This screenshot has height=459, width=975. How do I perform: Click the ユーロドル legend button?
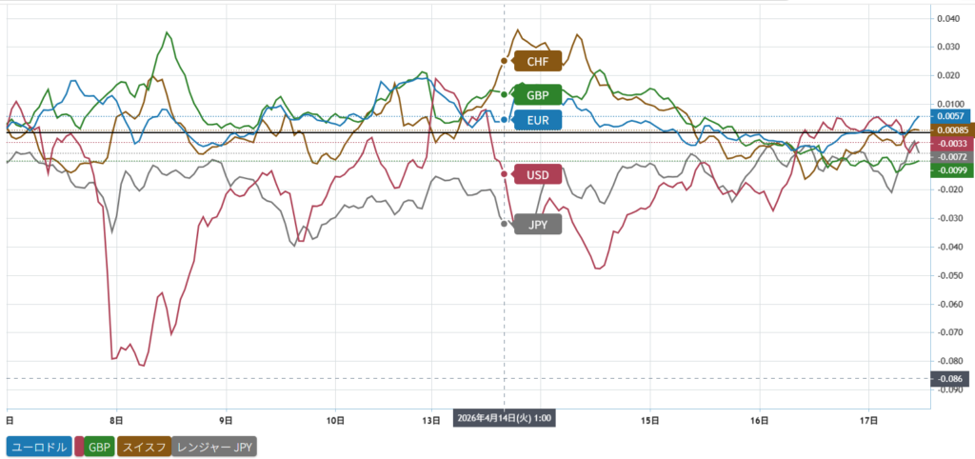click(x=39, y=446)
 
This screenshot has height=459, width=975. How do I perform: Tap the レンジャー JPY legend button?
click(x=215, y=446)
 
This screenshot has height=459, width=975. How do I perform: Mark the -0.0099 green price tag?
click(x=949, y=170)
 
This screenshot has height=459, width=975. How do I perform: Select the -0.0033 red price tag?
click(x=949, y=143)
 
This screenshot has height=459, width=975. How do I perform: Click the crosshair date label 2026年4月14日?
click(x=505, y=418)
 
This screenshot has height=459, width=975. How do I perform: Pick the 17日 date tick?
click(x=867, y=418)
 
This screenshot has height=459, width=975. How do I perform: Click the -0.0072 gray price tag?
click(x=949, y=156)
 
